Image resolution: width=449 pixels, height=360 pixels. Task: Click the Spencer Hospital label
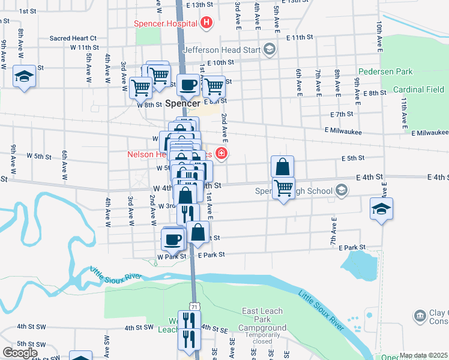pos(166,23)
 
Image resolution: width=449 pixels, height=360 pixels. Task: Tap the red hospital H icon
pos(206,23)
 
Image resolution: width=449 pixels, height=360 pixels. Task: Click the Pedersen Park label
pos(385,71)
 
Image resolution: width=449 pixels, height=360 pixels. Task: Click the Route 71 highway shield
pos(193,306)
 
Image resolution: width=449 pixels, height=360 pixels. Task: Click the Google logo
pos(20,352)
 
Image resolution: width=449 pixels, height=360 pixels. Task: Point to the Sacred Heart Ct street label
pos(73,38)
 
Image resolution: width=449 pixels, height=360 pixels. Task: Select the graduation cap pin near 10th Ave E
pos(381,209)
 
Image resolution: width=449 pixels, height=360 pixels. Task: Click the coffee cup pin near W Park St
pos(173,239)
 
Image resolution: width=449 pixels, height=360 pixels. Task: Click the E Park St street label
pos(352,247)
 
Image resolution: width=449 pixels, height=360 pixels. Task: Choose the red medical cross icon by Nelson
pos(222,154)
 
